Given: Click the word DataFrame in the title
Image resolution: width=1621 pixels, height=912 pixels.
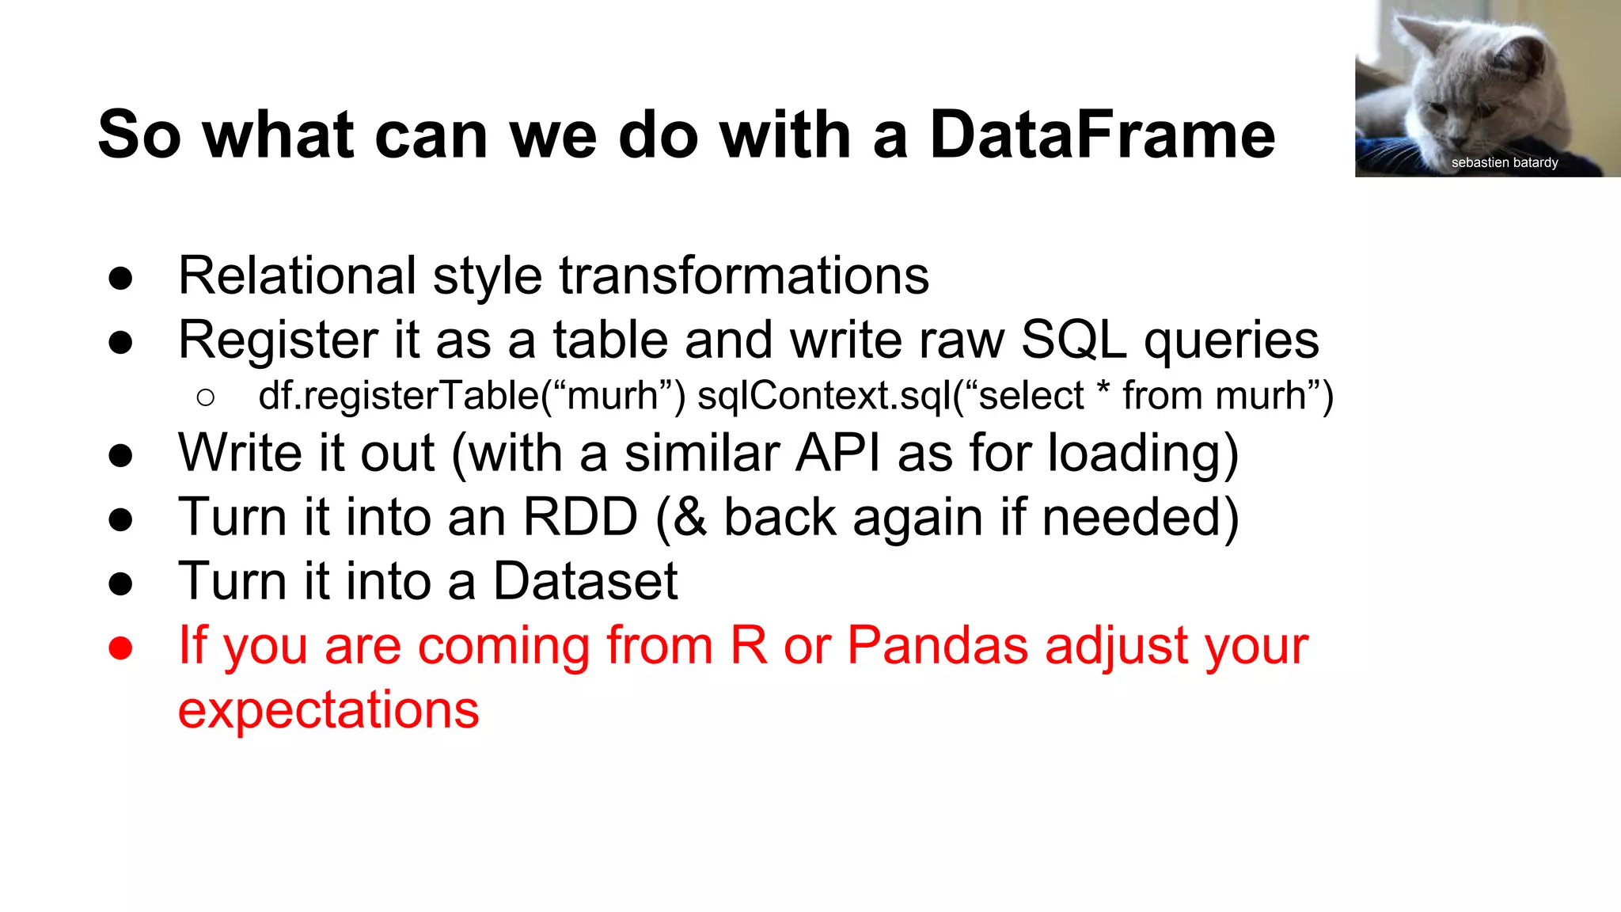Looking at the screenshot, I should coord(1102,135).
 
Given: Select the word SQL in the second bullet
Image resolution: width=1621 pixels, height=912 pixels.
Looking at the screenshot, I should coord(1073,340).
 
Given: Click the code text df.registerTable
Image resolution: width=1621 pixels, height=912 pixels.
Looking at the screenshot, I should coord(399,396).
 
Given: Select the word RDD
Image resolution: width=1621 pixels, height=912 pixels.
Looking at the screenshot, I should coord(580,517).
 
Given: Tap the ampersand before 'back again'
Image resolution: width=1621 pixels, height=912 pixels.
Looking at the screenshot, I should coord(690,517).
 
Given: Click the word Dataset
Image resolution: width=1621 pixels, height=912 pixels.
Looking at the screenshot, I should coord(585,581).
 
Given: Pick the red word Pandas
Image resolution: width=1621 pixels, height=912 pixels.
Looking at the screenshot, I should coord(937,645).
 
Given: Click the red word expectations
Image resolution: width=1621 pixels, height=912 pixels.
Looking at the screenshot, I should coord(328,709).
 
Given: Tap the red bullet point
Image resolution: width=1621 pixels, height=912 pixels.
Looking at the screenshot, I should coord(120,648).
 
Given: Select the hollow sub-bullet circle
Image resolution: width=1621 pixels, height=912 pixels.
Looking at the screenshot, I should coord(205,397).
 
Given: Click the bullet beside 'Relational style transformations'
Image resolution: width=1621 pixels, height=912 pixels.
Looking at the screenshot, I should coord(120,279).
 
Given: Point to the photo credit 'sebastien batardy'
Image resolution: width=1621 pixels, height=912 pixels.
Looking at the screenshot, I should coord(1504,162).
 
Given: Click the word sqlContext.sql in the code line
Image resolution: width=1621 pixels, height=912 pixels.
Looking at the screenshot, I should coord(823,396).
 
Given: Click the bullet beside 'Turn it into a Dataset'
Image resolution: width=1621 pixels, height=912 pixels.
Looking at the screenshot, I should coord(120,584).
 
